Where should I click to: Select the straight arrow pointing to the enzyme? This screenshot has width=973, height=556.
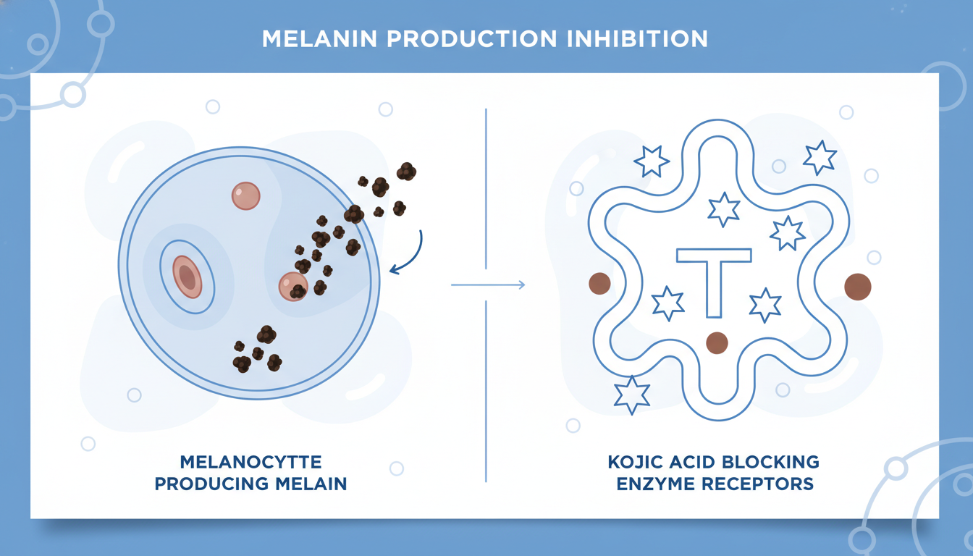coord(488,285)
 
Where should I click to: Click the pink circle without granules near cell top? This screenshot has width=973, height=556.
coord(245,195)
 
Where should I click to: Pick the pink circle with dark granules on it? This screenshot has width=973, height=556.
coord(293,286)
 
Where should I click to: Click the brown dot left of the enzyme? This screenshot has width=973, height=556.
coord(599,284)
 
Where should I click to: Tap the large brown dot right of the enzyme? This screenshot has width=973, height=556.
coord(858,287)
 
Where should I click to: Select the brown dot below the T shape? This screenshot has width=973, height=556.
coord(717,342)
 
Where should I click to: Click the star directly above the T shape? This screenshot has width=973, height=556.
coord(724,209)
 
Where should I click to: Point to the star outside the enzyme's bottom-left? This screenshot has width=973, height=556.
coord(631,395)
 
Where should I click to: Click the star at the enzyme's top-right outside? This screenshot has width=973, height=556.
coord(820,157)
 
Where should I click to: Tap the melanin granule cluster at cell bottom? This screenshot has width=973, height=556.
coord(257,350)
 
